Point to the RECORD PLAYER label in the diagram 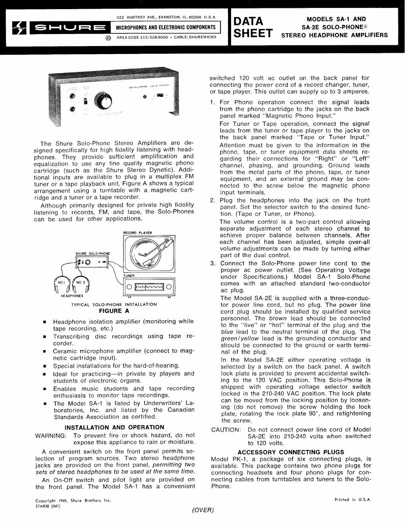coord(137,233)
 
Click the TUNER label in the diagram coord(129,276)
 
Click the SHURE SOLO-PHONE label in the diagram coord(93,254)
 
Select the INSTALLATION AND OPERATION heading coord(114,427)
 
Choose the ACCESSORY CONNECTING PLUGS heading coord(291,452)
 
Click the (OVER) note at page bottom coord(202,510)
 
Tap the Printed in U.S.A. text coord(353,500)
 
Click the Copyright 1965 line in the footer coord(73,500)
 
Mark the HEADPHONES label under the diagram coord(72,296)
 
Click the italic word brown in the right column coord(278,318)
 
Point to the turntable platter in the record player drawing coord(147,253)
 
